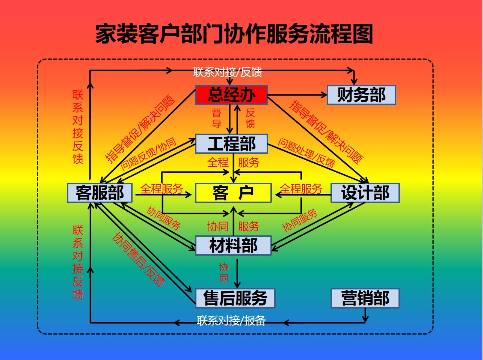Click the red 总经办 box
(x=231, y=95)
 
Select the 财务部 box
(x=361, y=95)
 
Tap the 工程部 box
(x=231, y=144)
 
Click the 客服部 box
(x=100, y=193)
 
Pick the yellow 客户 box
(x=233, y=193)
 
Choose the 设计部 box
(x=365, y=193)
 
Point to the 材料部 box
(x=233, y=246)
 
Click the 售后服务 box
(x=235, y=298)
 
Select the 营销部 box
(x=365, y=298)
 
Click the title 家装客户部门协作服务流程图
(x=234, y=34)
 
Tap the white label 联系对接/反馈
(x=228, y=72)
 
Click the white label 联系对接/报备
(x=231, y=320)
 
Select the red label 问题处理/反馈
(x=306, y=152)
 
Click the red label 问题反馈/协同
(x=148, y=154)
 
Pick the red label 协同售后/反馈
(x=139, y=259)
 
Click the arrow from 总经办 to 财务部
(x=297, y=95)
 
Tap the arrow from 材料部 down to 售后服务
(x=237, y=272)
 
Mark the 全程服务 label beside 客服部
(x=162, y=188)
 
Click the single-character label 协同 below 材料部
(x=224, y=273)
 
